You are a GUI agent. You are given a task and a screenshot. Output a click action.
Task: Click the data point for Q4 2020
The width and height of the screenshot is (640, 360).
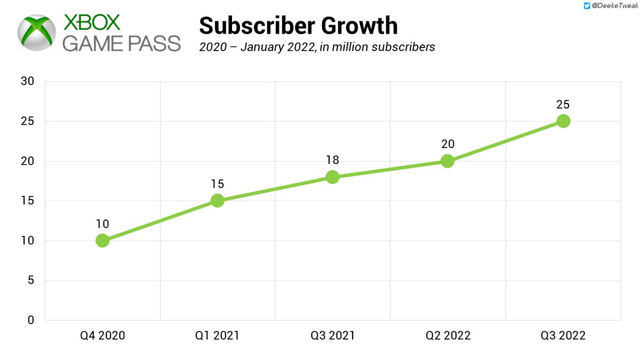click(x=102, y=241)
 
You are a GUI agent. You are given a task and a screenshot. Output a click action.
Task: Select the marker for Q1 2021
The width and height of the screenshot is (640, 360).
click(x=217, y=201)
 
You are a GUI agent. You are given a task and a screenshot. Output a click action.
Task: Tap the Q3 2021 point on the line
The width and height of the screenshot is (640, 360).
click(x=332, y=177)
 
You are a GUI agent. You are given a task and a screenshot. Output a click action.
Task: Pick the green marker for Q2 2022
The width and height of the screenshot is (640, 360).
click(x=447, y=161)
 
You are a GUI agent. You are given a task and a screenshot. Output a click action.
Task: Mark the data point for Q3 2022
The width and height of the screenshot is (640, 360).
click(x=563, y=121)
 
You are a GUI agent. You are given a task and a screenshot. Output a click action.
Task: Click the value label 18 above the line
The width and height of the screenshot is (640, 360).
click(x=332, y=160)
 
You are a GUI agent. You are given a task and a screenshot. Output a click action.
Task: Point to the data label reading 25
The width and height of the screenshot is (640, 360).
click(x=563, y=104)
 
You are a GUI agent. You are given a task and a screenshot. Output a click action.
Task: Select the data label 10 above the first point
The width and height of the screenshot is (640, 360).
click(x=102, y=223)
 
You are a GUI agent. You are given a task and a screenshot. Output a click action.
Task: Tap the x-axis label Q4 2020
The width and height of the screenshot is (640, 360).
click(x=102, y=335)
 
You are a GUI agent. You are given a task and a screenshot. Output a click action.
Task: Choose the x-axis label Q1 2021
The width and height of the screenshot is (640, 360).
click(x=217, y=335)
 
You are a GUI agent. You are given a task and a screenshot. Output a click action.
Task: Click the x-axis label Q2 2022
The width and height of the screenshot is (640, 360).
click(x=447, y=335)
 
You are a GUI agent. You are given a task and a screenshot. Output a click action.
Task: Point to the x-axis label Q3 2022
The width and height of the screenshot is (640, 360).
click(x=563, y=335)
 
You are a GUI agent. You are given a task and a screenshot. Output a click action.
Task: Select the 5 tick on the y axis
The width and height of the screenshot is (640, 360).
click(x=31, y=281)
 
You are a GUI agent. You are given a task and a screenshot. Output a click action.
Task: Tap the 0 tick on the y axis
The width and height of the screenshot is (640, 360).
click(x=31, y=320)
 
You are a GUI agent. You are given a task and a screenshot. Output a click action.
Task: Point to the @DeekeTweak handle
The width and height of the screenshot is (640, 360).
click(x=613, y=6)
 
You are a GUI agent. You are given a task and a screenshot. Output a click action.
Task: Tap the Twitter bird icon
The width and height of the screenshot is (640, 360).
click(x=587, y=6)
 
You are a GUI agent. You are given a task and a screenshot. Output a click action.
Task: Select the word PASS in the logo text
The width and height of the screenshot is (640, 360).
click(x=150, y=43)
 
